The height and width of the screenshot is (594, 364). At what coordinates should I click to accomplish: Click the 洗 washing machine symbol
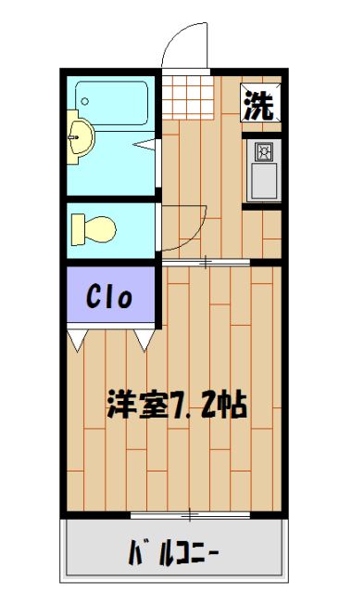coord(259,104)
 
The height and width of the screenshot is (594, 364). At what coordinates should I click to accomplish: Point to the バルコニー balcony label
coord(173,555)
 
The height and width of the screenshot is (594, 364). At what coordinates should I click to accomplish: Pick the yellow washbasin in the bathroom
coord(80,139)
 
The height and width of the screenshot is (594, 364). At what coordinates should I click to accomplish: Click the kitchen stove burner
coord(262,151)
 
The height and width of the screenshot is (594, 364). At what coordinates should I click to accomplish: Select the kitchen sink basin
coord(262,181)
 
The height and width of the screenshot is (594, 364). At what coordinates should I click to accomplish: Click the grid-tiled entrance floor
coord(191,94)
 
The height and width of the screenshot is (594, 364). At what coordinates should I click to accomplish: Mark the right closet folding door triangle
coord(144,340)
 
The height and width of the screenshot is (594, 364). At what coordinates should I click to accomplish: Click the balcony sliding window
coord(190,513)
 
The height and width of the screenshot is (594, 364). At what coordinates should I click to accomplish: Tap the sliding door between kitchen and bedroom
coord(206,263)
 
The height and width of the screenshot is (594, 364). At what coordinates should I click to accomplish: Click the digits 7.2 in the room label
coord(191,406)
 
